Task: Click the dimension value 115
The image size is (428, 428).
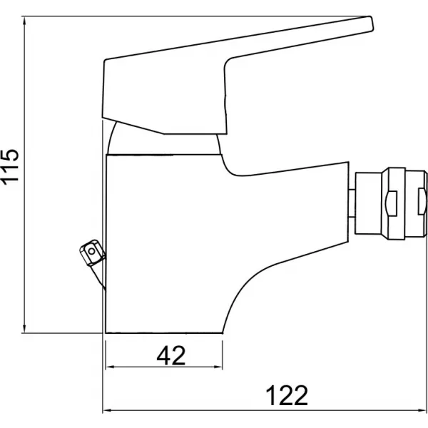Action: pyautogui.click(x=10, y=168)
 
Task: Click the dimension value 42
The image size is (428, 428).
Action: pyautogui.click(x=171, y=356)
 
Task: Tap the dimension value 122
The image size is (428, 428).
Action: pyautogui.click(x=287, y=396)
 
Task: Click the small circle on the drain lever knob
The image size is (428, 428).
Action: pyautogui.click(x=92, y=251)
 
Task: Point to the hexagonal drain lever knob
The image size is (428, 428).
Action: pyautogui.click(x=92, y=253)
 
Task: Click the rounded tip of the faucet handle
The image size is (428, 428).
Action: pyautogui.click(x=371, y=24)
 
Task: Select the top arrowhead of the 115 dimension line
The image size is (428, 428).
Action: pyautogui.click(x=24, y=21)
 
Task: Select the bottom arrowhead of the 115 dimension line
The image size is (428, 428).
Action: pyautogui.click(x=24, y=328)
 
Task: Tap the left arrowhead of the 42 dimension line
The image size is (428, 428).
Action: pyautogui.click(x=110, y=367)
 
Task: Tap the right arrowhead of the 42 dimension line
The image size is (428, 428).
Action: pyautogui.click(x=218, y=367)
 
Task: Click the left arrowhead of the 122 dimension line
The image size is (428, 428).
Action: pyautogui.click(x=107, y=410)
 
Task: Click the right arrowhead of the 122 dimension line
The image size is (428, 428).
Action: pyautogui.click(x=422, y=410)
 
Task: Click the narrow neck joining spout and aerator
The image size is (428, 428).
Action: pyautogui.click(x=352, y=203)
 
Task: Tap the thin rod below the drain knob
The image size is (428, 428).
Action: pyautogui.click(x=99, y=275)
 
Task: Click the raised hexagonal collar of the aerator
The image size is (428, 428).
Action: pyautogui.click(x=393, y=203)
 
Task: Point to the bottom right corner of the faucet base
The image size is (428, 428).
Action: pyautogui.click(x=223, y=333)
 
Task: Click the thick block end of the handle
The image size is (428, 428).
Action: pyautogui.click(x=165, y=96)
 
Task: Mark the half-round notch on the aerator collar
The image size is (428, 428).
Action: pyautogui.click(x=390, y=203)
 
